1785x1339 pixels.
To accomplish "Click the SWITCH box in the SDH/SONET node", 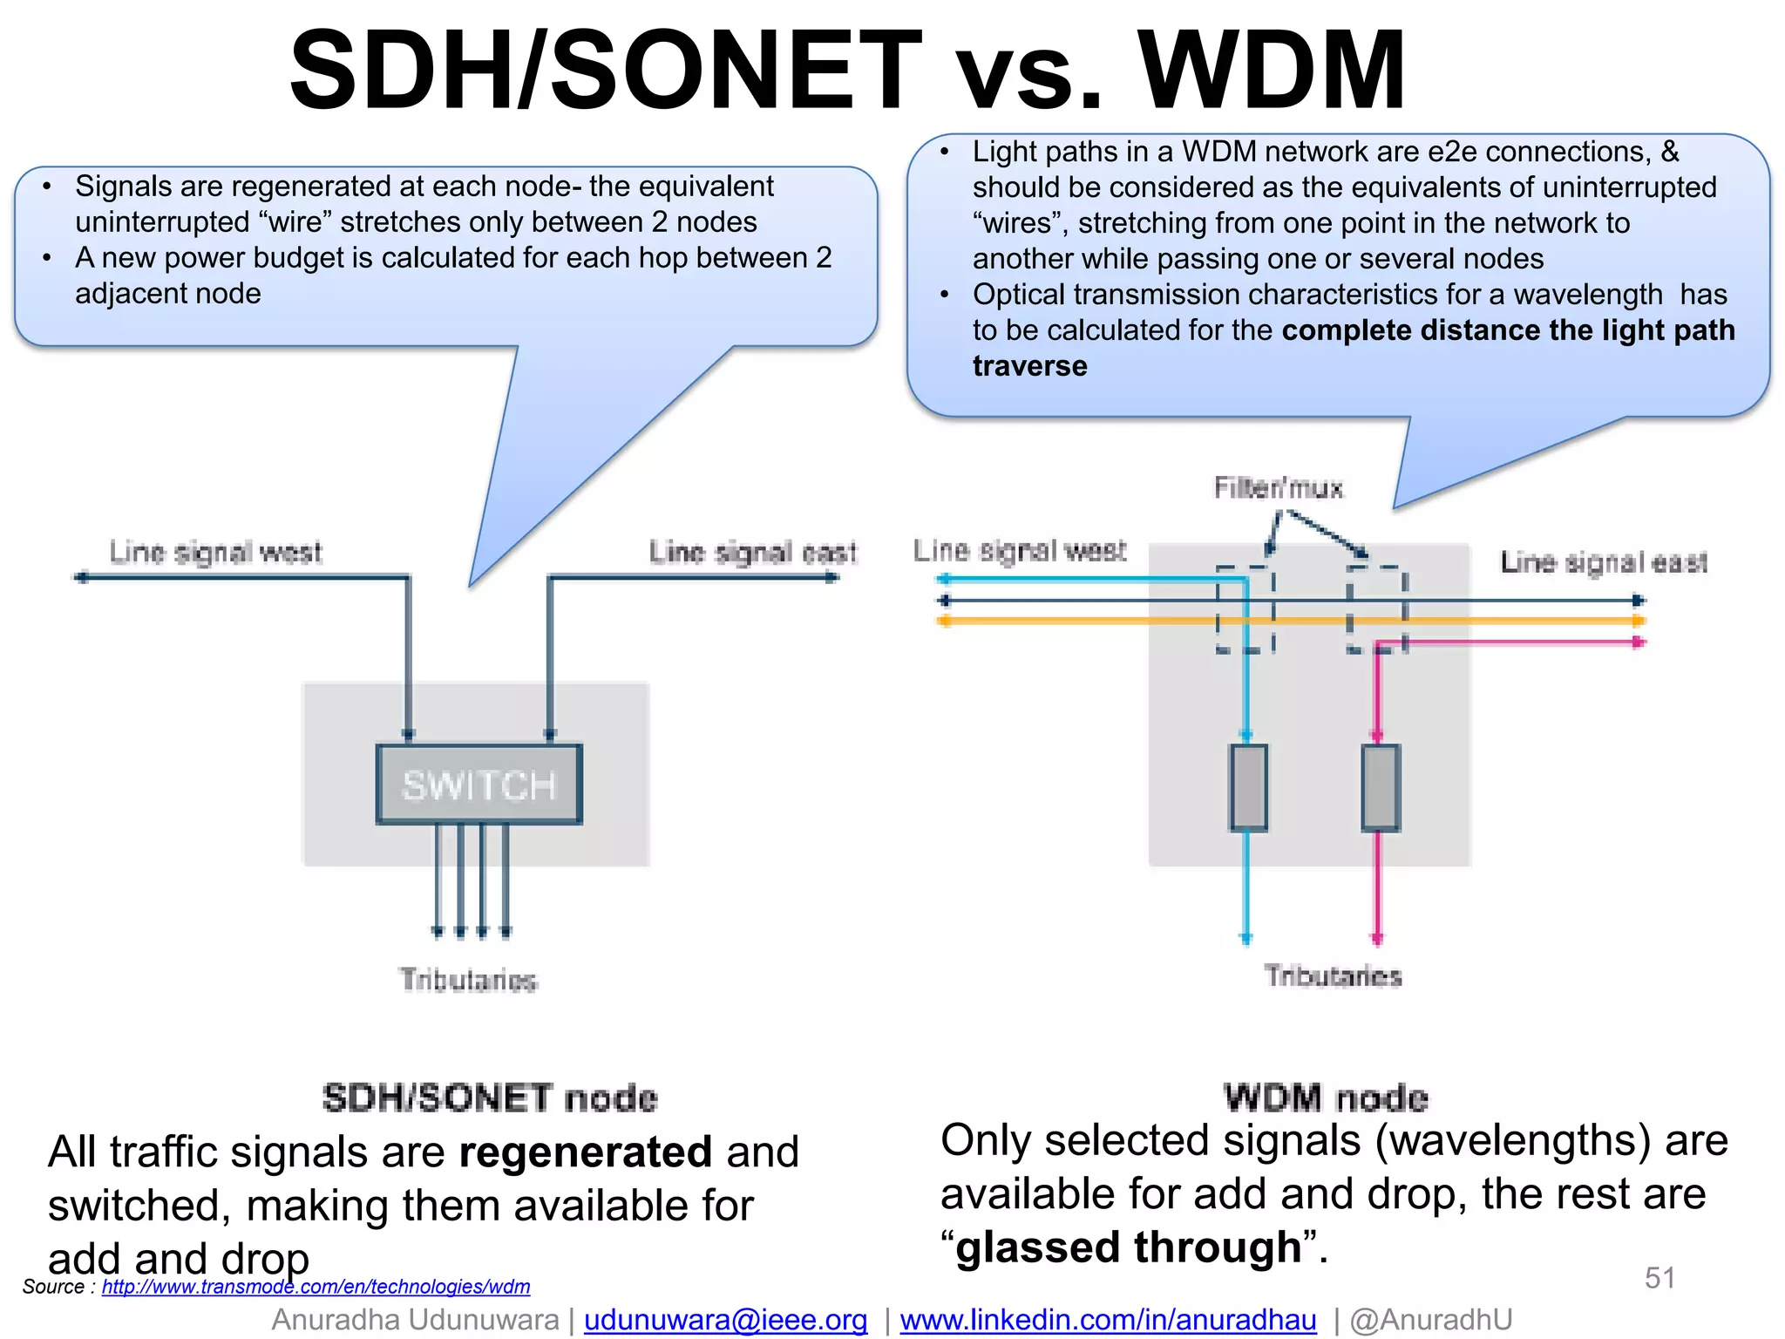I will tap(478, 785).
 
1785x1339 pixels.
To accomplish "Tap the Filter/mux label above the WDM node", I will tap(1279, 487).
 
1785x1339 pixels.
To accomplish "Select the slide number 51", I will tap(1659, 1278).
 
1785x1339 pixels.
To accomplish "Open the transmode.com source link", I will tap(316, 1287).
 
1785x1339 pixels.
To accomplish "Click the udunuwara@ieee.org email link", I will tap(725, 1320).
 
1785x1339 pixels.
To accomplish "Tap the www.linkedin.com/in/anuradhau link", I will tap(1108, 1320).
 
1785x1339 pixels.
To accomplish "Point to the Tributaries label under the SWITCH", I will tap(468, 980).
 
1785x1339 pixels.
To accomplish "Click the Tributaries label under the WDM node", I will tap(1333, 975).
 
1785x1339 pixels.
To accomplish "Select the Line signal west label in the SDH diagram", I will tap(215, 552).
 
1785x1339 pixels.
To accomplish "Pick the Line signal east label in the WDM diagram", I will tap(1604, 562).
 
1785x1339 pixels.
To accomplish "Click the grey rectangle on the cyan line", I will tap(1248, 787).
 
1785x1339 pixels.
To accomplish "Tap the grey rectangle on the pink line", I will tap(1381, 787).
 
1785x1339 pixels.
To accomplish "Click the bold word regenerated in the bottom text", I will tap(586, 1152).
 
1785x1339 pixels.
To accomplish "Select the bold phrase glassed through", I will tap(1129, 1247).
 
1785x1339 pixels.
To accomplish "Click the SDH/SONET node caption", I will tap(490, 1098).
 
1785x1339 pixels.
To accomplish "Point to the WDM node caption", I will tap(1326, 1098).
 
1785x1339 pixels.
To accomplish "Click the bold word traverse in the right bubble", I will tap(1029, 366).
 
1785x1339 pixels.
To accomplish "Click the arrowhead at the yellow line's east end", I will tap(1639, 621).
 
